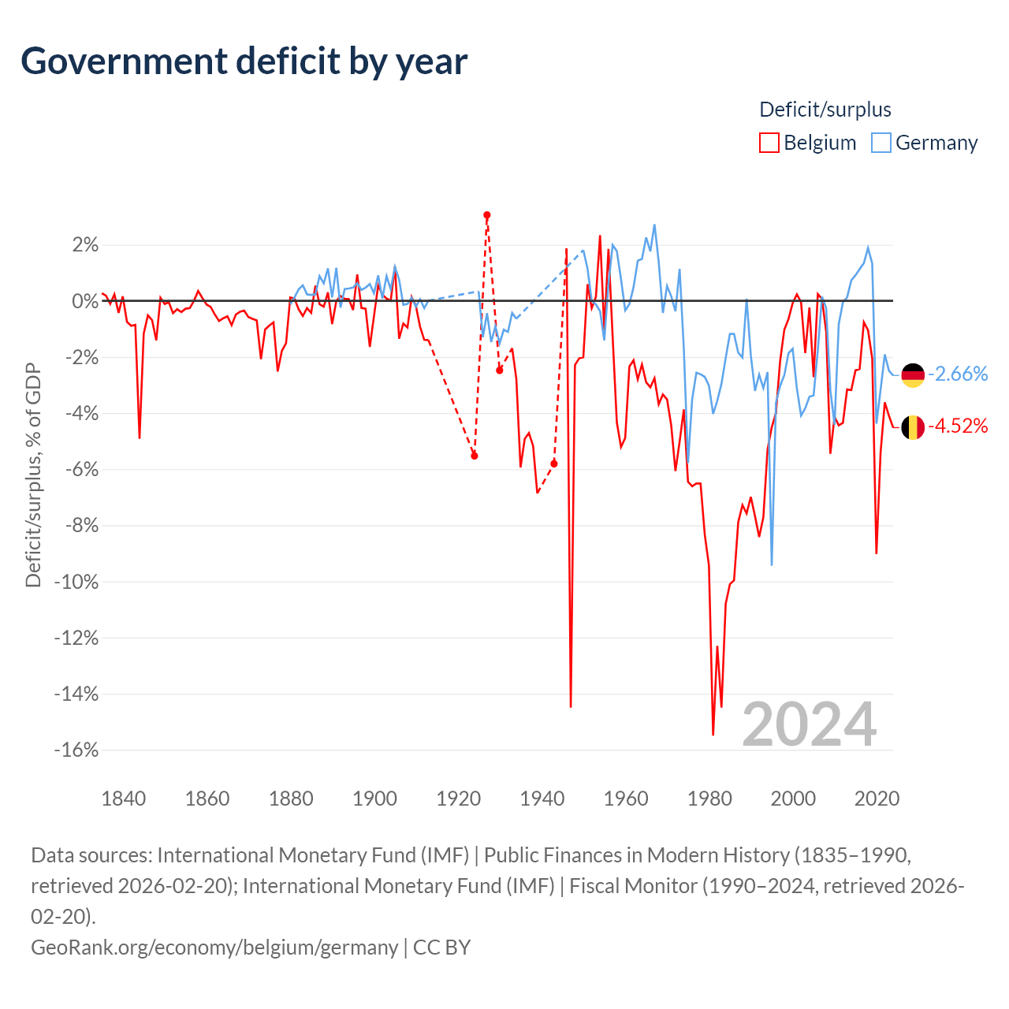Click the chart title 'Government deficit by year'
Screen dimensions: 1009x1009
(244, 61)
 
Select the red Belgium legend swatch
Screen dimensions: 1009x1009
(769, 143)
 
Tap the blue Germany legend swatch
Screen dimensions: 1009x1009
(881, 143)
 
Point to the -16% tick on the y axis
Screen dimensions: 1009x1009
(76, 750)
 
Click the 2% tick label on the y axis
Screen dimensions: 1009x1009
(85, 245)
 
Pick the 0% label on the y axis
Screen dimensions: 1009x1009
(85, 301)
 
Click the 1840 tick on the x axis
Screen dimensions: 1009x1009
(124, 799)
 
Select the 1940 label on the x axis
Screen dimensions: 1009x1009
(542, 799)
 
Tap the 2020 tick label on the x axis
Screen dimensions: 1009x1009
(877, 799)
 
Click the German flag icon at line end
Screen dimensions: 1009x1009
(913, 375)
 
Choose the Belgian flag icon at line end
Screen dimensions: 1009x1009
(913, 427)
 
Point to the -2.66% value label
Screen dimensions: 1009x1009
(958, 374)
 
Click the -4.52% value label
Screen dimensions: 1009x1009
(958, 426)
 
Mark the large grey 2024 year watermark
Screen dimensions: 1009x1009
(810, 724)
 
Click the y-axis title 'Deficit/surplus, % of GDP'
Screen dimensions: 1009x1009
(33, 475)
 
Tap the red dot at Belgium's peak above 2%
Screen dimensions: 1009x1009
(487, 215)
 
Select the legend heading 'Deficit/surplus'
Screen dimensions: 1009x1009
(825, 110)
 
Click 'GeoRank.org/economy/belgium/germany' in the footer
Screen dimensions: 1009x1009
(214, 947)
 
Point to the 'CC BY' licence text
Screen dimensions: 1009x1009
(441, 947)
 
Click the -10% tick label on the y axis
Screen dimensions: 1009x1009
(76, 582)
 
